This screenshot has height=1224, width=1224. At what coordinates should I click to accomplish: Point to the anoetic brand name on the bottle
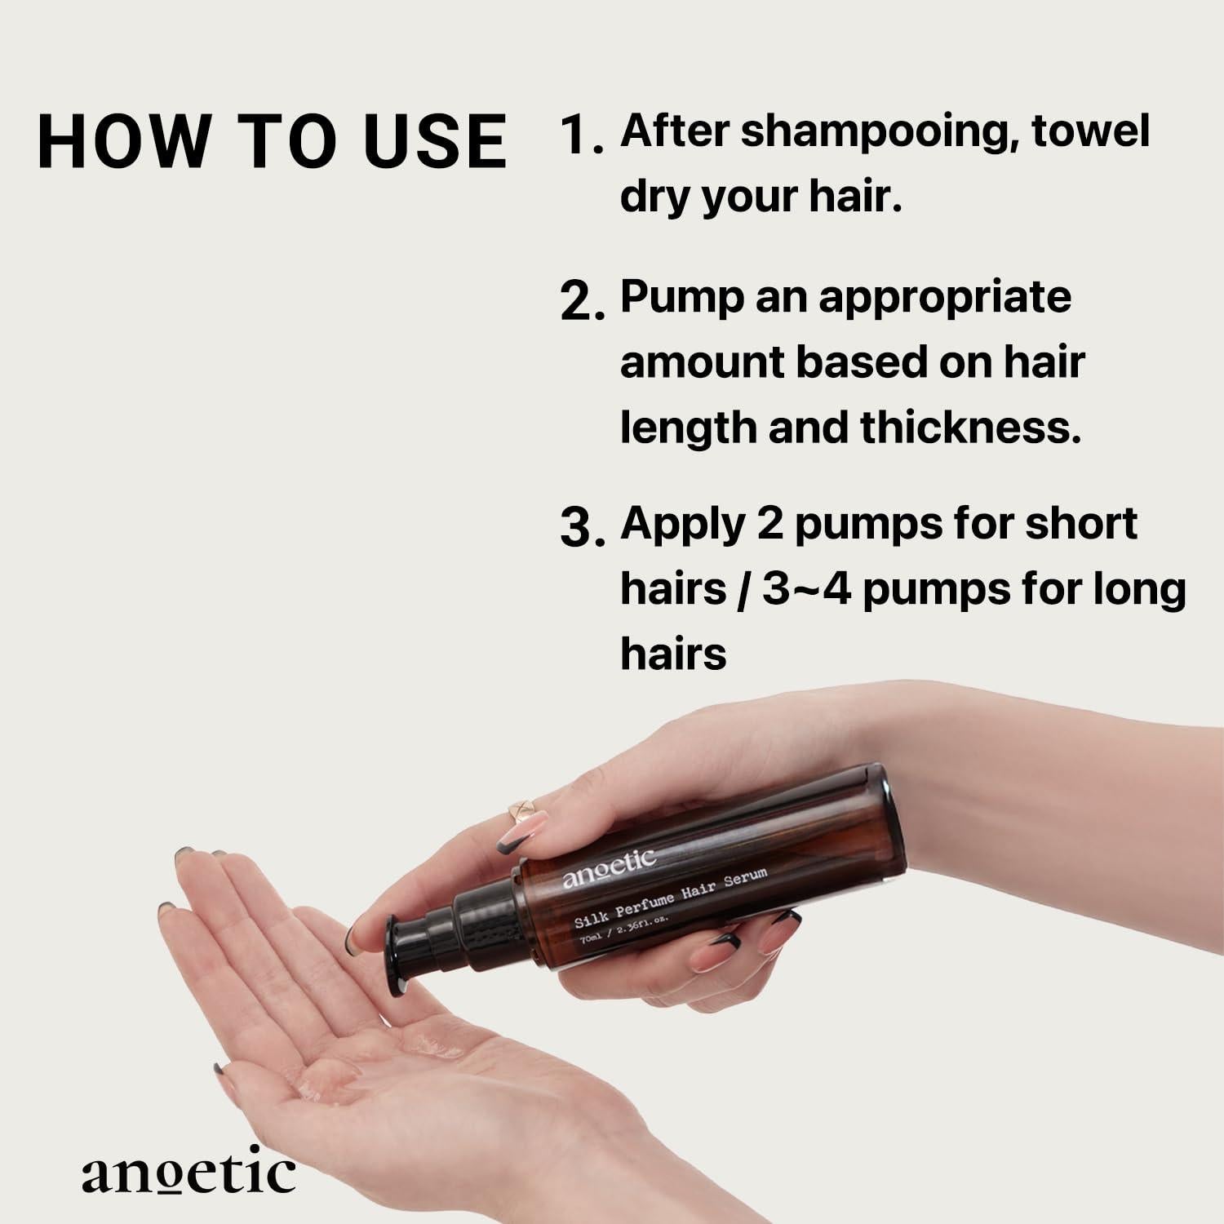pos(609,867)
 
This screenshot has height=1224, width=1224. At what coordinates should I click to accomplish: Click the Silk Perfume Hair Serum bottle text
pos(671,898)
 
